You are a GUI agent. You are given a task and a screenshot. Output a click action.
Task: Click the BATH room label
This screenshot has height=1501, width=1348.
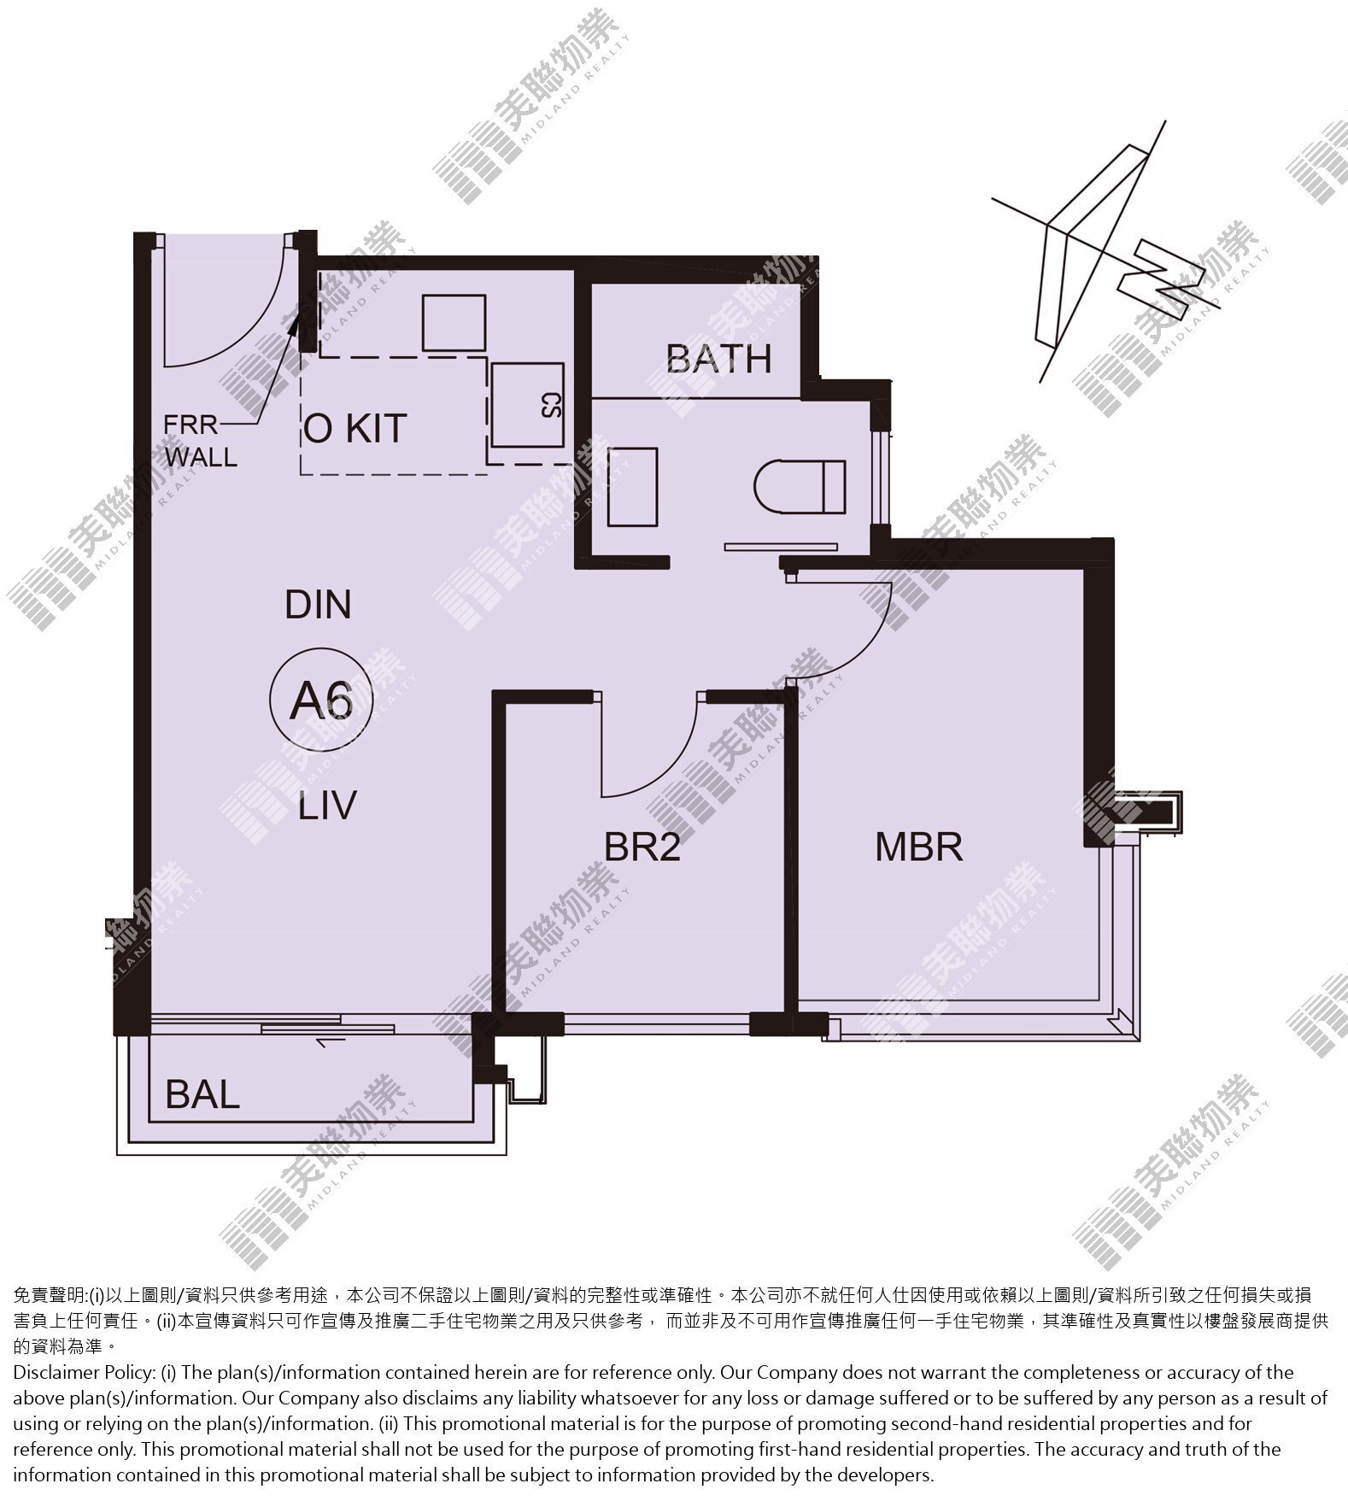click(x=719, y=359)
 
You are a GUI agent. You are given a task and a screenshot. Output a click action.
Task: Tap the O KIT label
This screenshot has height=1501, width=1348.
click(x=355, y=428)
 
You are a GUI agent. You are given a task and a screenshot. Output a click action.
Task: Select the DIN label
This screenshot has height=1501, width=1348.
click(x=318, y=605)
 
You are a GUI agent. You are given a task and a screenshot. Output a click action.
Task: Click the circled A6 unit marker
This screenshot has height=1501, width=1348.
click(x=321, y=701)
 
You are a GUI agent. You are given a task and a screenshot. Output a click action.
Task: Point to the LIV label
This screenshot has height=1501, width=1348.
click(x=327, y=806)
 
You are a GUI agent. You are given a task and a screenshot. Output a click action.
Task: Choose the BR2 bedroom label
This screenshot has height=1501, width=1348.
click(x=642, y=847)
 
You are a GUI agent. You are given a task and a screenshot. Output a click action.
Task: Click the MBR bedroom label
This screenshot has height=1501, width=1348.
click(x=919, y=847)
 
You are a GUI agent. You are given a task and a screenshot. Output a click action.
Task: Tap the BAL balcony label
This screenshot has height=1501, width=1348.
click(x=202, y=1094)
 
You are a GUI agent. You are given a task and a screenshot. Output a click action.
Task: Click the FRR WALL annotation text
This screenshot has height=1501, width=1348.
click(x=201, y=441)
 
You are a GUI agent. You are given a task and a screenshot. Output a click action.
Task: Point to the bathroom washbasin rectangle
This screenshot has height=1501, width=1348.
click(x=633, y=487)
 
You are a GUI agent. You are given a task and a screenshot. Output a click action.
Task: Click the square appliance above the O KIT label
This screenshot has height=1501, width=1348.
click(x=454, y=323)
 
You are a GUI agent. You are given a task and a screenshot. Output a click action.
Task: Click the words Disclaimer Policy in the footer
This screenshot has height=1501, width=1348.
click(x=84, y=1373)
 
